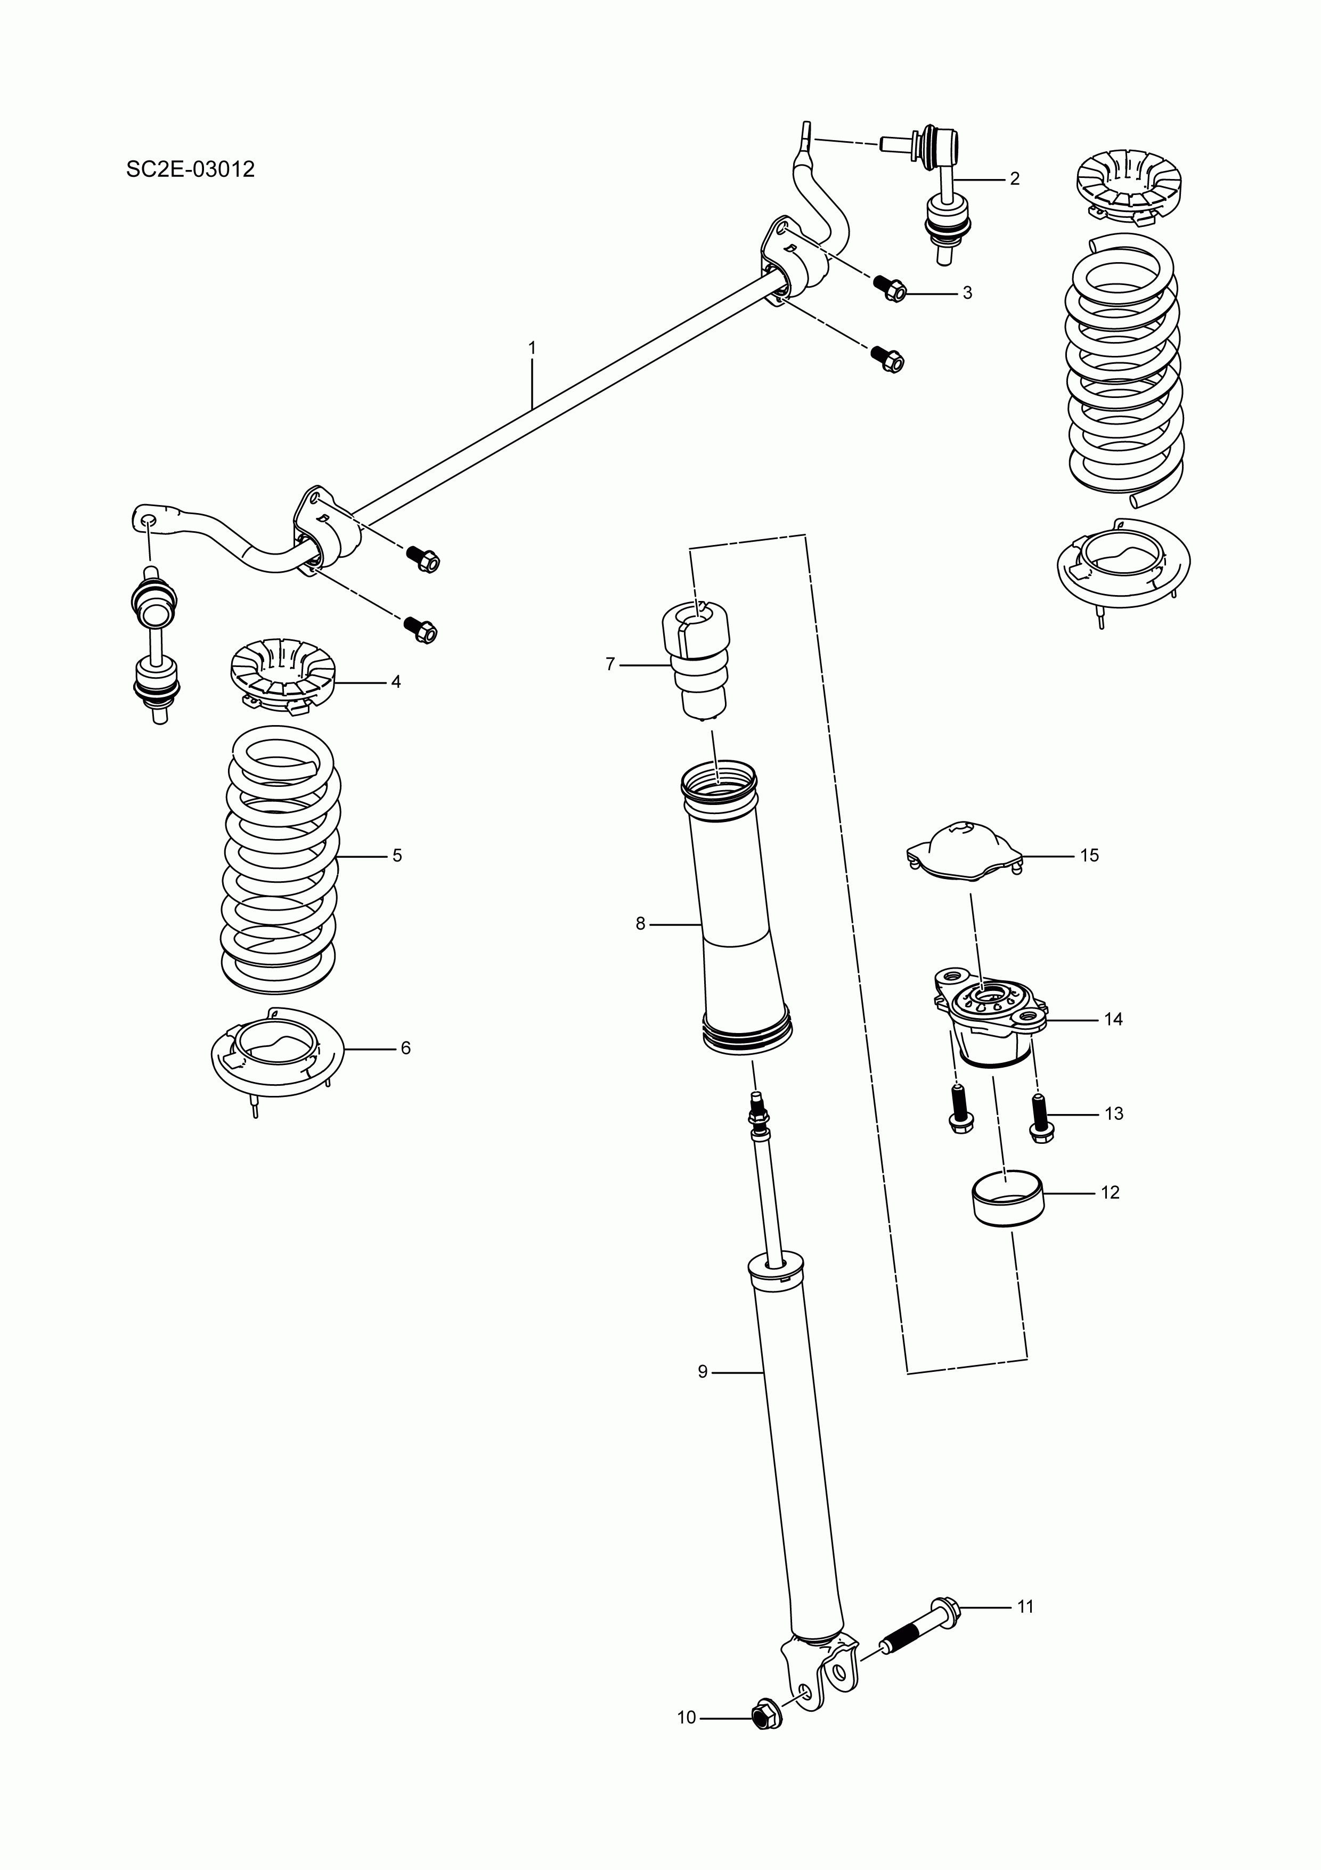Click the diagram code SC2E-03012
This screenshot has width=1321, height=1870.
[x=191, y=169]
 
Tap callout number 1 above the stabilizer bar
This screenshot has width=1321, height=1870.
[x=532, y=348]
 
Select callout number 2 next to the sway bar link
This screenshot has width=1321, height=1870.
[x=1014, y=178]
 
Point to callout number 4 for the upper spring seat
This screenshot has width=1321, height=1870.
[x=396, y=682]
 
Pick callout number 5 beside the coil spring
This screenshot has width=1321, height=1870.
[x=397, y=855]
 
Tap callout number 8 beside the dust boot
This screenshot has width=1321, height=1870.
[x=640, y=924]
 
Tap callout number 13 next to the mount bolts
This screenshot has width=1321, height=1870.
[x=1113, y=1113]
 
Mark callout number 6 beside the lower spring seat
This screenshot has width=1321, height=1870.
[x=405, y=1048]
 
